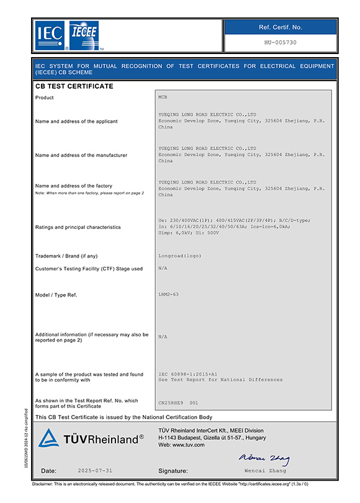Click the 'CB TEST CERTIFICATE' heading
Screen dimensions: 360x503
click(x=74, y=86)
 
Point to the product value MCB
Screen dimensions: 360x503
click(x=163, y=97)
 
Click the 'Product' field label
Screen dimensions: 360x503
click(x=45, y=98)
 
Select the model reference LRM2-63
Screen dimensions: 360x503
click(x=169, y=294)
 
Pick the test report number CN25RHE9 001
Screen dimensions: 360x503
click(x=179, y=403)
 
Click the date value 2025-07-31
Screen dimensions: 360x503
click(x=96, y=471)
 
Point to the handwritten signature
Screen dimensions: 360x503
click(x=264, y=458)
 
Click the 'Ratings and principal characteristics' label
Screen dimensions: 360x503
click(x=78, y=227)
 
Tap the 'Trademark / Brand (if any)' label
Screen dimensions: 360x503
click(x=66, y=256)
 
